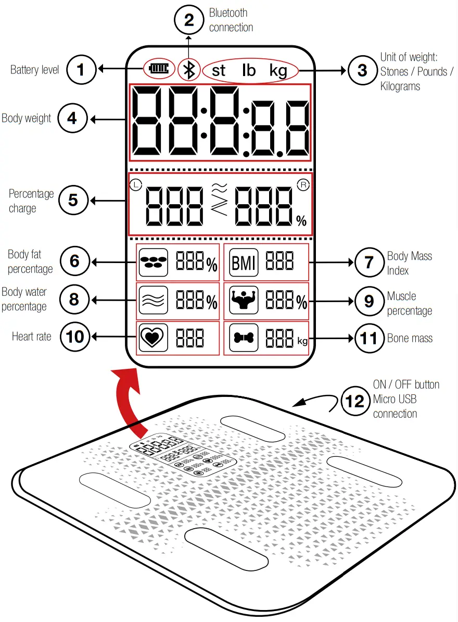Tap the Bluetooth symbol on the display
point(189,69)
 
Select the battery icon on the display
point(159,69)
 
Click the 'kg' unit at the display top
point(278,70)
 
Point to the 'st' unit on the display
point(219,70)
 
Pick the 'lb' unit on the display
point(249,70)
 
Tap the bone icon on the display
point(244,339)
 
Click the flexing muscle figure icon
point(244,301)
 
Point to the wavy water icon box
point(153,301)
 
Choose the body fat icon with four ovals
point(153,263)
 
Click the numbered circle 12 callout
point(355,401)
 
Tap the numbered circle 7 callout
point(368,262)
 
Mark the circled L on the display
point(135,184)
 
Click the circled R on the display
point(302,184)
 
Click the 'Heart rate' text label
point(32,337)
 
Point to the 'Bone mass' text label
point(410,339)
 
